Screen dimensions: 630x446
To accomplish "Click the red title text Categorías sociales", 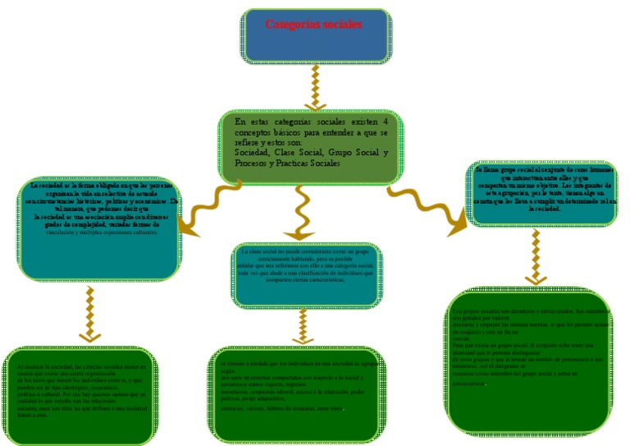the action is pos(313,24).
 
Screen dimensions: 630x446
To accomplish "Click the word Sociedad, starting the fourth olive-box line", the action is pos(253,153).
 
